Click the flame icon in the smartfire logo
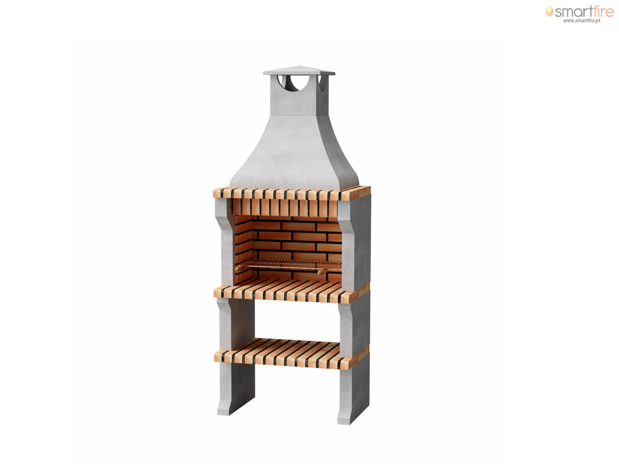click(x=549, y=11)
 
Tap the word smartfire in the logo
click(x=585, y=11)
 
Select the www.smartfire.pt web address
click(x=582, y=21)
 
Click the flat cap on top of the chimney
click(x=299, y=71)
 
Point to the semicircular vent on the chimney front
click(x=288, y=82)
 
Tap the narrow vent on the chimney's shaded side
click(x=323, y=82)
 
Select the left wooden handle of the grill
click(x=239, y=268)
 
